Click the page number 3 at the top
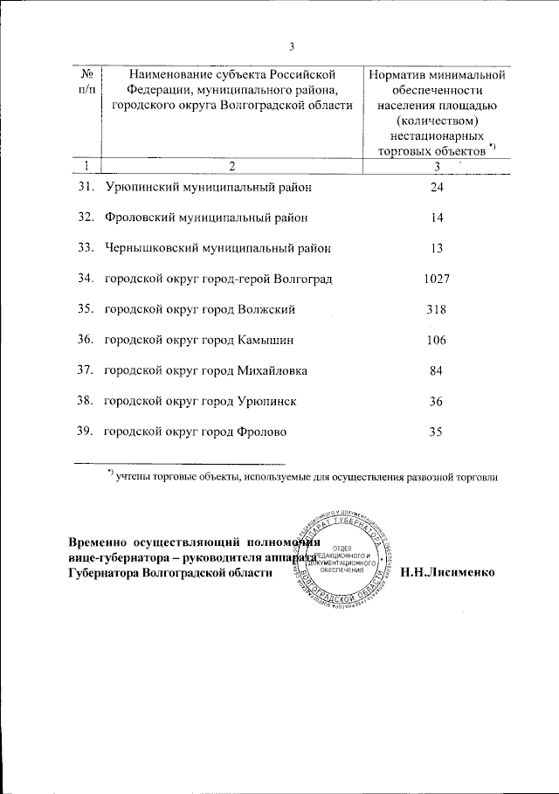tap(293, 47)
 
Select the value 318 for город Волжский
tap(437, 309)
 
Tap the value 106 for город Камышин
tap(437, 340)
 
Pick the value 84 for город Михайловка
tap(437, 370)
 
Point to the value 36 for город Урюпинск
tap(437, 401)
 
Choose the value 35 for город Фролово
tap(437, 432)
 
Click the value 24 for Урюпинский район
tap(437, 187)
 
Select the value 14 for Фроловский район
tap(437, 217)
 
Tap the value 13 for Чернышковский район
tap(437, 248)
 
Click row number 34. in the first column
tap(85, 279)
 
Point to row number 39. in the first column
tap(85, 432)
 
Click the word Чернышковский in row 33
tap(151, 248)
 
